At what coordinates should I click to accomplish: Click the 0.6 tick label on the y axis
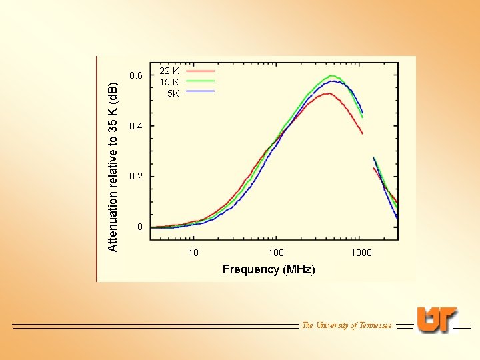point(136,75)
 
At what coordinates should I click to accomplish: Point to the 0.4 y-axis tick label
point(136,126)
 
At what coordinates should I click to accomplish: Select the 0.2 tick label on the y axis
point(136,177)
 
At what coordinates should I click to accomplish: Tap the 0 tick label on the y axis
point(139,227)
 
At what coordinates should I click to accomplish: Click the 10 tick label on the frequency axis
point(193,253)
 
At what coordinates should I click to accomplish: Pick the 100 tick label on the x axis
point(276,253)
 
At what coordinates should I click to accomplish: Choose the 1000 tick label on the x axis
point(361,253)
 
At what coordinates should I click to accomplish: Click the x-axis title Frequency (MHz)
point(269,269)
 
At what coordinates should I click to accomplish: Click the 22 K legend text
point(169,71)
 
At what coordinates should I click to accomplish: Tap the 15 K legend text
point(169,82)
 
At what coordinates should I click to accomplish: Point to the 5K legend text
point(173,93)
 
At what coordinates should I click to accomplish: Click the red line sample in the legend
point(200,69)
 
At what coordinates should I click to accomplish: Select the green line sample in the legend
point(200,81)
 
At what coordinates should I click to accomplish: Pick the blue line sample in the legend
point(200,91)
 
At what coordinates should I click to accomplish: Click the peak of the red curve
point(328,93)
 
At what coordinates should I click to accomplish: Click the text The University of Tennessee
point(347,325)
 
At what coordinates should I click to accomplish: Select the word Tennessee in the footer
point(375,325)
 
